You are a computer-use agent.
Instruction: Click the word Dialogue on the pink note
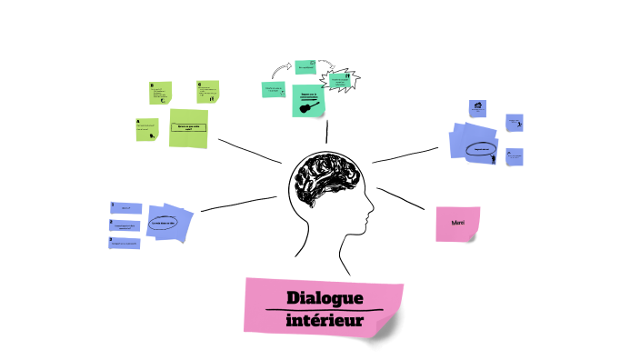click(325, 298)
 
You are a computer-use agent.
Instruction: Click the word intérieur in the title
click(325, 320)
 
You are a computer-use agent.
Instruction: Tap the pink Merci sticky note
click(457, 224)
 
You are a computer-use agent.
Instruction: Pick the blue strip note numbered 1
click(126, 207)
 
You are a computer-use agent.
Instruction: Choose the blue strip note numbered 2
click(126, 225)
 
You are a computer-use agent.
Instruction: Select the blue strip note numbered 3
click(125, 243)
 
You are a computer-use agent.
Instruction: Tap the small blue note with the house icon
click(477, 108)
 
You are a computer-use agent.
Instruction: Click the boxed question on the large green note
click(188, 128)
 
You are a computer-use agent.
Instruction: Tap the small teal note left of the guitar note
click(274, 89)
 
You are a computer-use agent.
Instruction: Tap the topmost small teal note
click(305, 67)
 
